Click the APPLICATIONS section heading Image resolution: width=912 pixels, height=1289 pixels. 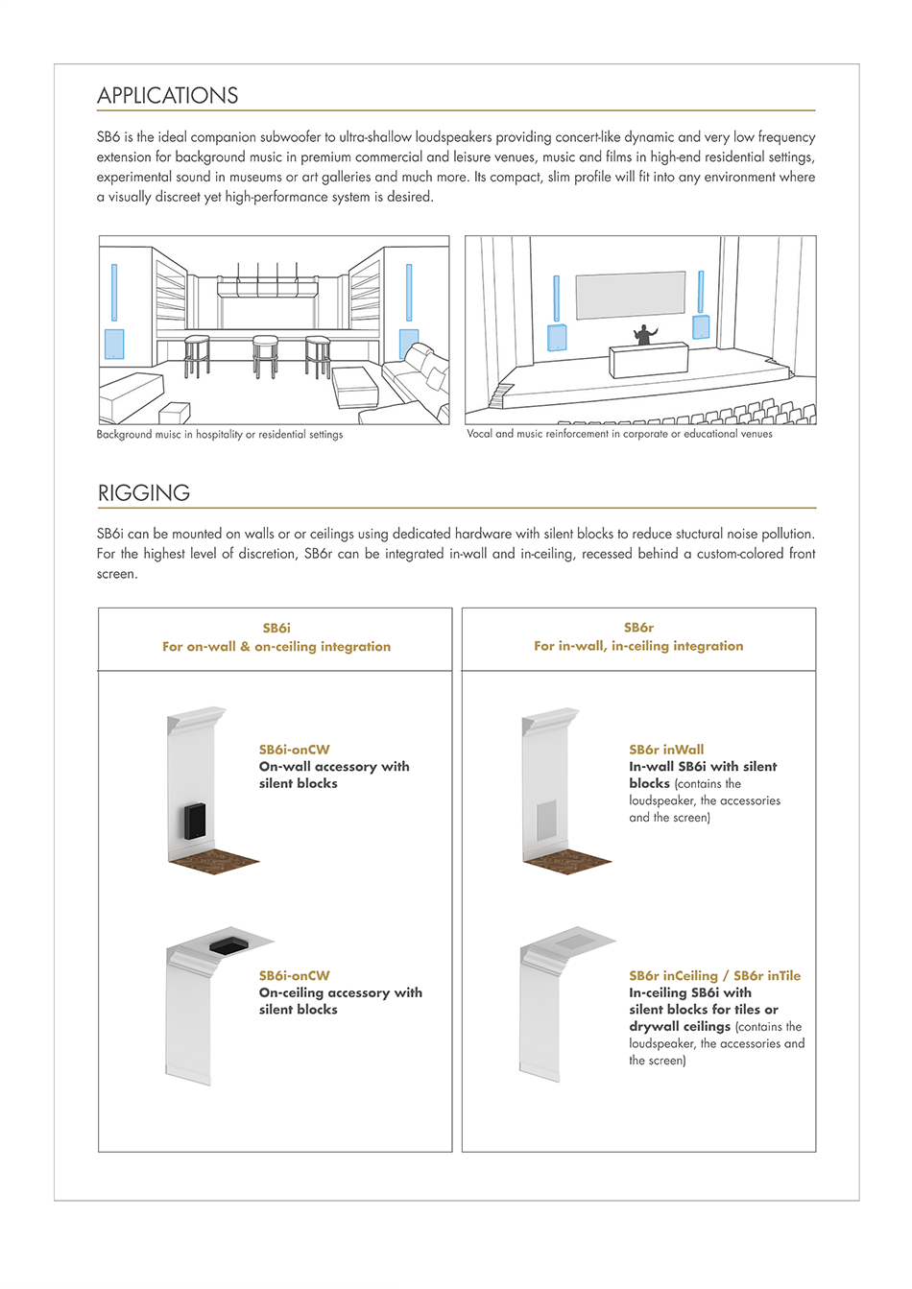(x=168, y=96)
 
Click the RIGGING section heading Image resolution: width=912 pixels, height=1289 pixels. (x=144, y=493)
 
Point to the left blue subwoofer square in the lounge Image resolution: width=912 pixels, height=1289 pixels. (x=114, y=344)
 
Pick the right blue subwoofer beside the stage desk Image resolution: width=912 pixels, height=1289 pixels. (x=701, y=327)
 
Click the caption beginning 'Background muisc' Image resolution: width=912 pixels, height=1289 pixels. (x=220, y=435)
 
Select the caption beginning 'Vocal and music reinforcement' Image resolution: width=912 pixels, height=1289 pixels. (x=619, y=434)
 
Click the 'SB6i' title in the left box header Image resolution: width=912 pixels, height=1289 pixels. (x=276, y=629)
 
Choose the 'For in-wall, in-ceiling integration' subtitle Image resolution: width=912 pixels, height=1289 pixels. (x=638, y=646)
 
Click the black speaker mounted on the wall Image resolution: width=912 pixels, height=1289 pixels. (x=195, y=820)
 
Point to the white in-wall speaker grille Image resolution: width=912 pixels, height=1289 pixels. (x=545, y=821)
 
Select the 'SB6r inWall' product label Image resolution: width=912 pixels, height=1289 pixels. (x=666, y=750)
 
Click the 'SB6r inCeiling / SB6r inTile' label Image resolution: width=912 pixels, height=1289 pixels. (x=714, y=976)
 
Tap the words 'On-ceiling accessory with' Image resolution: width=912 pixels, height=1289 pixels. (x=340, y=992)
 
